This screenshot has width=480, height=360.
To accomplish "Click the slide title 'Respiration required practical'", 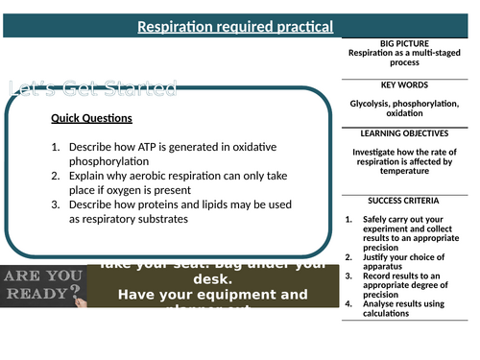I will pos(235,26).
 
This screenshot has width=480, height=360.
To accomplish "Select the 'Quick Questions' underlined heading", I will pos(93,120).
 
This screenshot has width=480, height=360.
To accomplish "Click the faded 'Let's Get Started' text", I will pos(92,89).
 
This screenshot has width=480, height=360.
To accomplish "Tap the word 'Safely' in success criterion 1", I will pos(376,219).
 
